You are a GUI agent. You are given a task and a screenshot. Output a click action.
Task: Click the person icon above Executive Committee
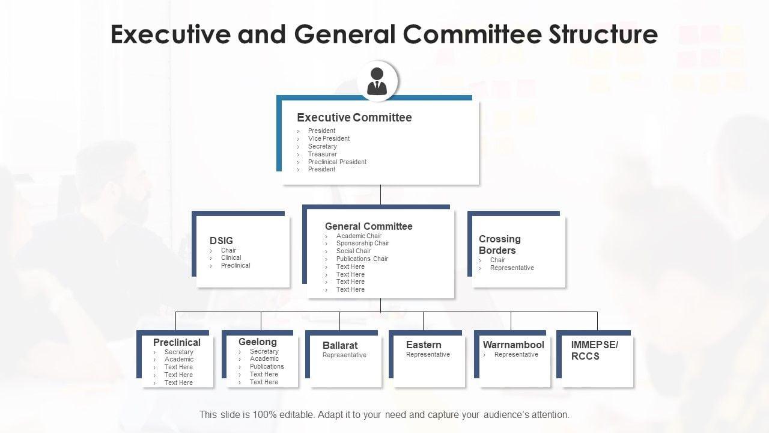377,81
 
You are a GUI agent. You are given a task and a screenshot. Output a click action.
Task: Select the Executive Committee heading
354,117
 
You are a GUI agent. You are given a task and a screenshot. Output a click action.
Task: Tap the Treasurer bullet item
323,154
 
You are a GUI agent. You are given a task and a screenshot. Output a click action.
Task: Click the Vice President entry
329,138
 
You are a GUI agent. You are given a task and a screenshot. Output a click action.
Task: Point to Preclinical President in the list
337,162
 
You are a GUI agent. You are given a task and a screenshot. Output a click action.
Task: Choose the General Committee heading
368,226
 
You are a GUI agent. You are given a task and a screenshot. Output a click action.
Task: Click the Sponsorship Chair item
363,244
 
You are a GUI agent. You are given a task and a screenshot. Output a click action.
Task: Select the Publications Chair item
362,259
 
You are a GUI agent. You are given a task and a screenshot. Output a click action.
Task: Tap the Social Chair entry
353,251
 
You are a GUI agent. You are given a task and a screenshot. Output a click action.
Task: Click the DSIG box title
221,241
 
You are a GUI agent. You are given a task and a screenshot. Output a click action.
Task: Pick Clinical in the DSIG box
231,257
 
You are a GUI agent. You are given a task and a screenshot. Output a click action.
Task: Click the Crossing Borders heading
500,244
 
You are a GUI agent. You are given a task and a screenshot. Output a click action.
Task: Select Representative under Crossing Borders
512,268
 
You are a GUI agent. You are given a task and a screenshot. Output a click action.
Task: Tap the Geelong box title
257,342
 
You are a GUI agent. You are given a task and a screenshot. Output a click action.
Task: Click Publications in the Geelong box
267,366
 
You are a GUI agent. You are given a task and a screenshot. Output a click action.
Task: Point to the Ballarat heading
340,345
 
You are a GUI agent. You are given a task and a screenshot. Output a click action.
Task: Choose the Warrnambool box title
513,345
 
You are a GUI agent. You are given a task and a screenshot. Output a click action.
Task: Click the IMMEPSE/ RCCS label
594,350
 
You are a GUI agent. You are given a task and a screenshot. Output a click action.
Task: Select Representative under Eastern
428,355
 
